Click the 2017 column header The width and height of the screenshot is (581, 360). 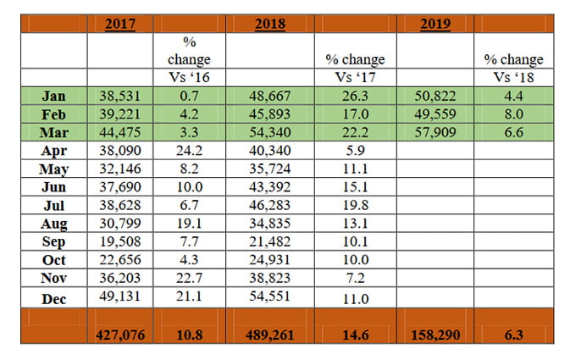click(x=120, y=24)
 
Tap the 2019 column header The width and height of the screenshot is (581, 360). click(x=435, y=24)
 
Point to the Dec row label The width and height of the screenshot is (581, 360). click(x=53, y=296)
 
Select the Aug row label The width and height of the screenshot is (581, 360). click(x=53, y=224)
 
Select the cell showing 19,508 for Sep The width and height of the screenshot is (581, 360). click(x=121, y=242)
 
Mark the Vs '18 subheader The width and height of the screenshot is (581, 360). click(x=513, y=79)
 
